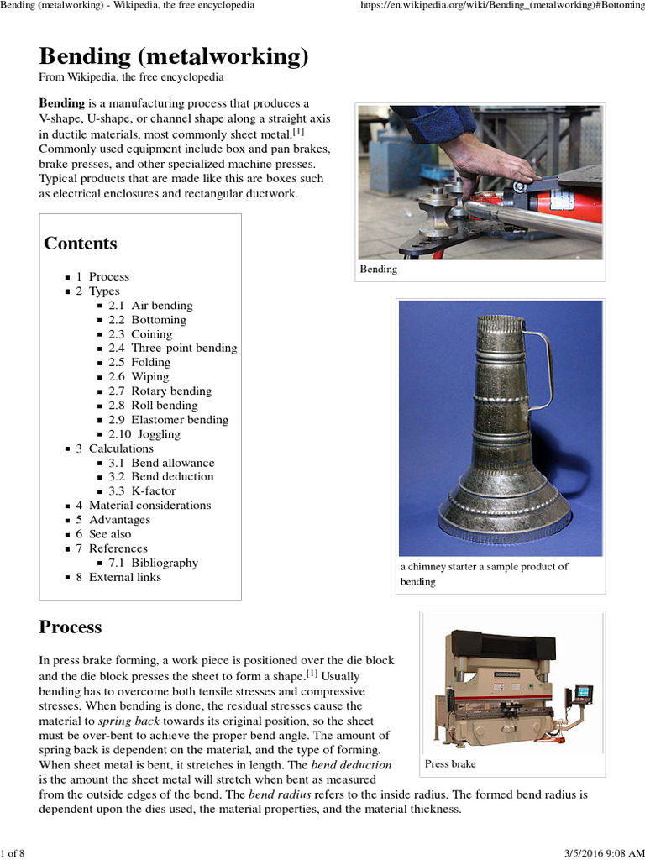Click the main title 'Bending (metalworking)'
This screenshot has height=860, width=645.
174,56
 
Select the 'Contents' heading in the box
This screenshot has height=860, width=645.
81,244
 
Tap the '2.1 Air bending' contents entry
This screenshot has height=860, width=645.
150,306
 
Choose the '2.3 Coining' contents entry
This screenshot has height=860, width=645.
140,334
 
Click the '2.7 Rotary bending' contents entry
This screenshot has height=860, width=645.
160,391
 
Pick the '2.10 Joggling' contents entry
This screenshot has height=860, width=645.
144,434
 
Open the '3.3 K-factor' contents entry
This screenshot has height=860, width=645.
142,490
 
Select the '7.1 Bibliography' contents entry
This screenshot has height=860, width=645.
153,563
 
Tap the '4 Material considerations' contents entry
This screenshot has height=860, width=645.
143,506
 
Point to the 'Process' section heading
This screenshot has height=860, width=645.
71,627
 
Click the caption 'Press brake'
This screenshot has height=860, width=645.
450,763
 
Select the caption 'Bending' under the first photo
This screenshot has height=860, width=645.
379,270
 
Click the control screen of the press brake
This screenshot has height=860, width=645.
583,693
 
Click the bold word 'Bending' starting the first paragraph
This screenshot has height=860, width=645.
62,103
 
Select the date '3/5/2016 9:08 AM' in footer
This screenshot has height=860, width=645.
595,853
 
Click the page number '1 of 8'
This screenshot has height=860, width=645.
13,853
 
